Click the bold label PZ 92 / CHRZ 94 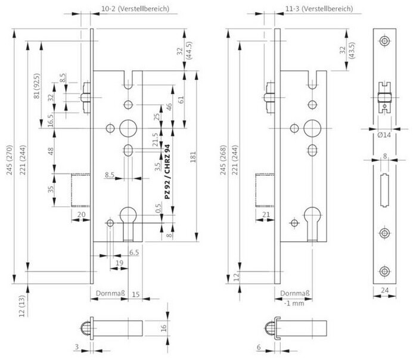click(167, 172)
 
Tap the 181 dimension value click(193, 157)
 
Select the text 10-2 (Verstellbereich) click(135, 9)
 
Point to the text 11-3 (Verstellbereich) click(319, 9)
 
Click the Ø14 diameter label click(384, 135)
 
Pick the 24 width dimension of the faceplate click(384, 290)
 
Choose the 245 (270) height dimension click(10, 160)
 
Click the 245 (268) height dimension click(223, 160)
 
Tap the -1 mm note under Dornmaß click(294, 303)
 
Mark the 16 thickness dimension click(163, 328)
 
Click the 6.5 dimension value click(134, 253)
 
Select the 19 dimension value click(119, 263)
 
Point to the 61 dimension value click(181, 100)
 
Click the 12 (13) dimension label click(22, 306)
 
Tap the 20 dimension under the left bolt click(81, 215)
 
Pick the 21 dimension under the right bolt click(266, 215)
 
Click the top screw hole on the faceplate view click(384, 41)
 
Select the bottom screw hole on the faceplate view click(384, 272)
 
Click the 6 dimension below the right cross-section click(259, 347)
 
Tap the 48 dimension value click(50, 151)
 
